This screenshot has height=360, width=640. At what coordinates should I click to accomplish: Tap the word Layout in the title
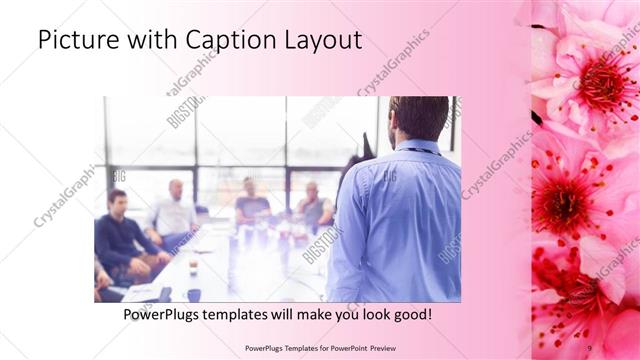[x=322, y=40]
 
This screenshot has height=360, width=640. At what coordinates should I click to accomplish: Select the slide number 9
[x=590, y=348]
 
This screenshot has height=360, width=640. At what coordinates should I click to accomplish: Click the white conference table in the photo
[x=240, y=270]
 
